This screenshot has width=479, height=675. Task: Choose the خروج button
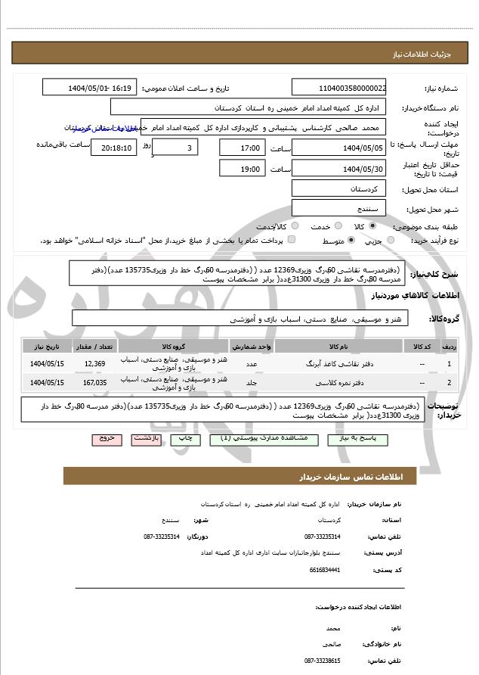pos(106,438)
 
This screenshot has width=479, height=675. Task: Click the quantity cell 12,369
pos(95,364)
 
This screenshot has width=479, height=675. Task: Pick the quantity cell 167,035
pos(95,382)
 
